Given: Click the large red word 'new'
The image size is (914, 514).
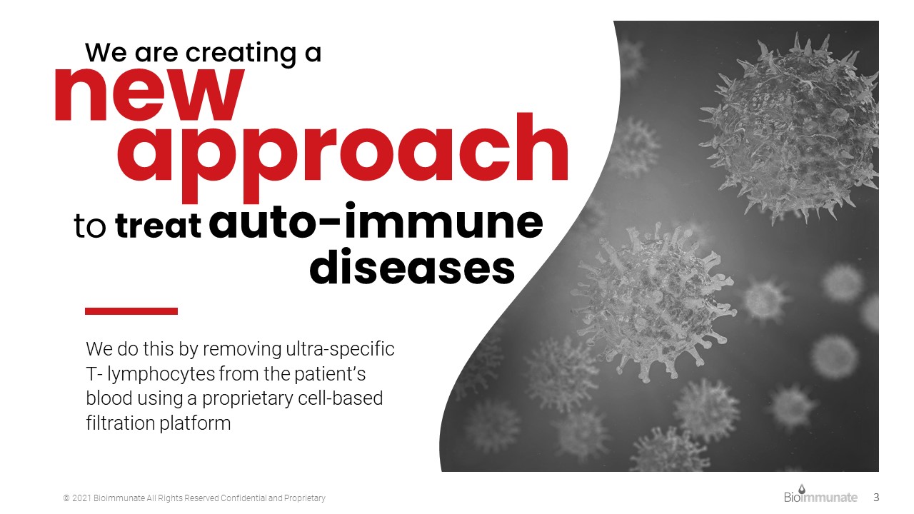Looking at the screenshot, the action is tap(150, 95).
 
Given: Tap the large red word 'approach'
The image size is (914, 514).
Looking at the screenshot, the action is tap(343, 158).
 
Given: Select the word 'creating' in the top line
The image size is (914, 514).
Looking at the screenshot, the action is tap(241, 54).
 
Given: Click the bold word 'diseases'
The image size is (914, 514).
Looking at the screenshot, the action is tap(412, 267).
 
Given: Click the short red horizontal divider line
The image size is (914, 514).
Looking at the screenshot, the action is tap(131, 311).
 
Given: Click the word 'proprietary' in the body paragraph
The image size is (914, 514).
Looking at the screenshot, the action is tap(247, 399).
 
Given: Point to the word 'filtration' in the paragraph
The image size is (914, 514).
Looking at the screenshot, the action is tap(121, 423).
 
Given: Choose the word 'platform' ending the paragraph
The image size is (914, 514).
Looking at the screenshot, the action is tap(195, 423).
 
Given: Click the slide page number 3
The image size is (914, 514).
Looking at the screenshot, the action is tap(876, 498).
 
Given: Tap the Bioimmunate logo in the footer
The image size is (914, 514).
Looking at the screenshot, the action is tap(820, 495).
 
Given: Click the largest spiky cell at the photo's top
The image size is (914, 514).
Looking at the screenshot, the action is tap(790, 128).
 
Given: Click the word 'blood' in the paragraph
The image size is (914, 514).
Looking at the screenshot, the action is tap(109, 398).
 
